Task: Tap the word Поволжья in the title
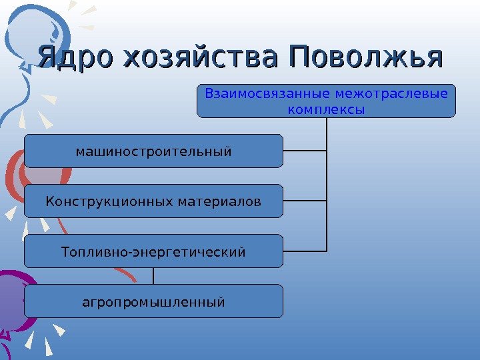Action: [x=365, y=58]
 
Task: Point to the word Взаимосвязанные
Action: [x=269, y=93]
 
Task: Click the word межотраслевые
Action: [x=392, y=93]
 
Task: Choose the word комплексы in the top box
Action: [x=326, y=108]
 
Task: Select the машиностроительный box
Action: [x=153, y=151]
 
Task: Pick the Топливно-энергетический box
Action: [x=153, y=252]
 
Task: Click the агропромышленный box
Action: [x=153, y=302]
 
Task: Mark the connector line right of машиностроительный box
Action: [x=305, y=151]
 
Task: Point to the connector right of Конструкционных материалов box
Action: [x=305, y=201]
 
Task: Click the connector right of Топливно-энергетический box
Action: [x=305, y=251]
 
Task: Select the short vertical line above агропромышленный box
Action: [x=154, y=276]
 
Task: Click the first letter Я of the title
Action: [x=47, y=58]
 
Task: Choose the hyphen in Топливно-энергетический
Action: [x=133, y=253]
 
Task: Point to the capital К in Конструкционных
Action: [x=49, y=201]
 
